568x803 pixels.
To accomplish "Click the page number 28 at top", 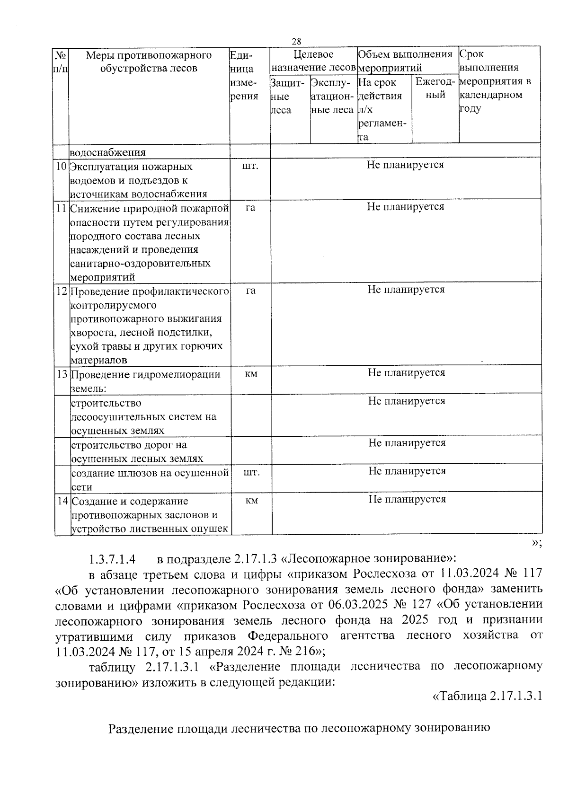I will coord(297,41).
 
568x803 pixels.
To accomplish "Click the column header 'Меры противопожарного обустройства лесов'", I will coord(149,62).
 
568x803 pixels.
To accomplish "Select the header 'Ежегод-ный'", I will coord(435,88).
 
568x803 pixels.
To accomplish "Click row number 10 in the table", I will coord(61,167).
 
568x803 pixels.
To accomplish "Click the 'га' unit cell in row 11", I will coord(250,207).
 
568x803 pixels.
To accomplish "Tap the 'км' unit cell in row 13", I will coord(251,374).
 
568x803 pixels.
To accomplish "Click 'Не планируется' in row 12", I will coord(406,290).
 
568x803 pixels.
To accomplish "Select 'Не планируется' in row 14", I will coord(407,499).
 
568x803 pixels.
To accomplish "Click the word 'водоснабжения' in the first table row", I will coord(107,152).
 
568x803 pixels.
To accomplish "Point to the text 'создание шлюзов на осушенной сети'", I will coord(150,479).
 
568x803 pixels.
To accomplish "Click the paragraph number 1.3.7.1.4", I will coord(112,560).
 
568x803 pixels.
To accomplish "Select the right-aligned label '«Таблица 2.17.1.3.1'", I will coord(487,696).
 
